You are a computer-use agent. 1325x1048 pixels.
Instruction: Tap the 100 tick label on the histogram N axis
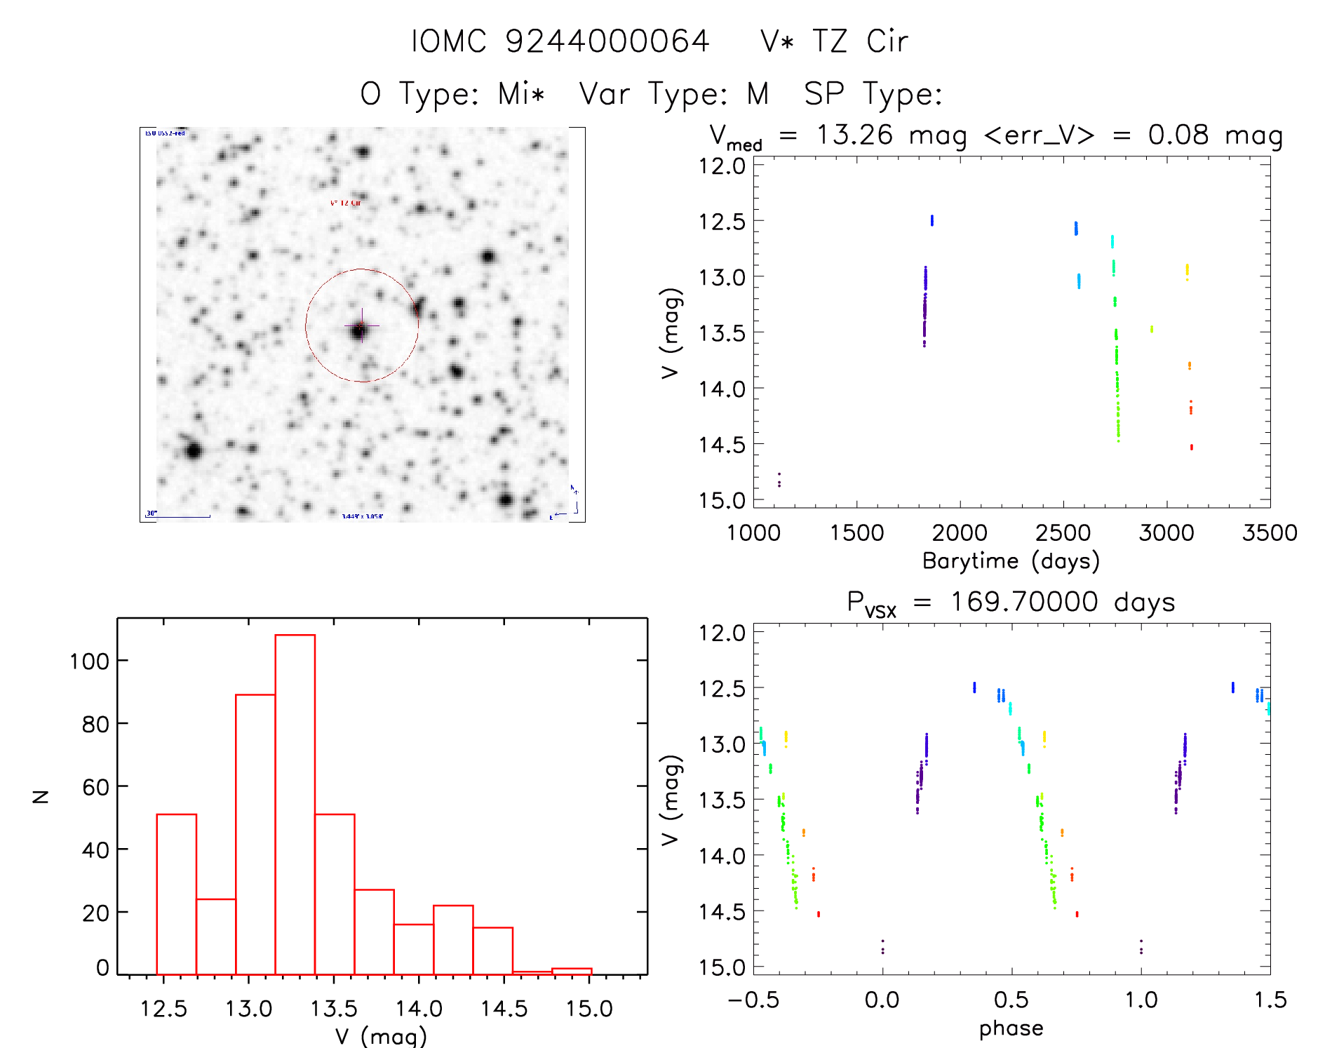click(89, 661)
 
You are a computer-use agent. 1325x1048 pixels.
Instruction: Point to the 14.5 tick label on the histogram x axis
click(504, 1009)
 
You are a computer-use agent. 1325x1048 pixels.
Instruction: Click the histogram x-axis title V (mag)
click(381, 1036)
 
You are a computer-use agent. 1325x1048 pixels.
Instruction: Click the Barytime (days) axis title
click(1011, 561)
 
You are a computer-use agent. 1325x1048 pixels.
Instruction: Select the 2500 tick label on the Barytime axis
click(1063, 532)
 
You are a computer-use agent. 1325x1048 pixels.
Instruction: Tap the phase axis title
click(1011, 1028)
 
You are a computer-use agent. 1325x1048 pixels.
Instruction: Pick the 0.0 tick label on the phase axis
click(882, 1000)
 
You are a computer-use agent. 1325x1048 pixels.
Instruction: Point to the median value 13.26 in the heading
click(854, 135)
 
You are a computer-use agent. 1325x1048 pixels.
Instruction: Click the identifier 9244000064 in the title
click(607, 41)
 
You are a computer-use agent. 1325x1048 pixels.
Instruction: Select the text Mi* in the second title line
click(521, 94)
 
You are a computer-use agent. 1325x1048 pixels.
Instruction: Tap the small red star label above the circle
click(345, 203)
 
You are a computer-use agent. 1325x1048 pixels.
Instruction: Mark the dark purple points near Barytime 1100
click(779, 480)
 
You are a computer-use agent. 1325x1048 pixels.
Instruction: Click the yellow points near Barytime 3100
click(1187, 270)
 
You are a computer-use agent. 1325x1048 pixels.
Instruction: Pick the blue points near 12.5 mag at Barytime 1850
click(931, 220)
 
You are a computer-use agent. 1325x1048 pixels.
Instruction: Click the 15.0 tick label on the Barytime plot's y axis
click(721, 500)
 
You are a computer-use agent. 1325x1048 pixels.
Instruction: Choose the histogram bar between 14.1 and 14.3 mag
click(453, 940)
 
